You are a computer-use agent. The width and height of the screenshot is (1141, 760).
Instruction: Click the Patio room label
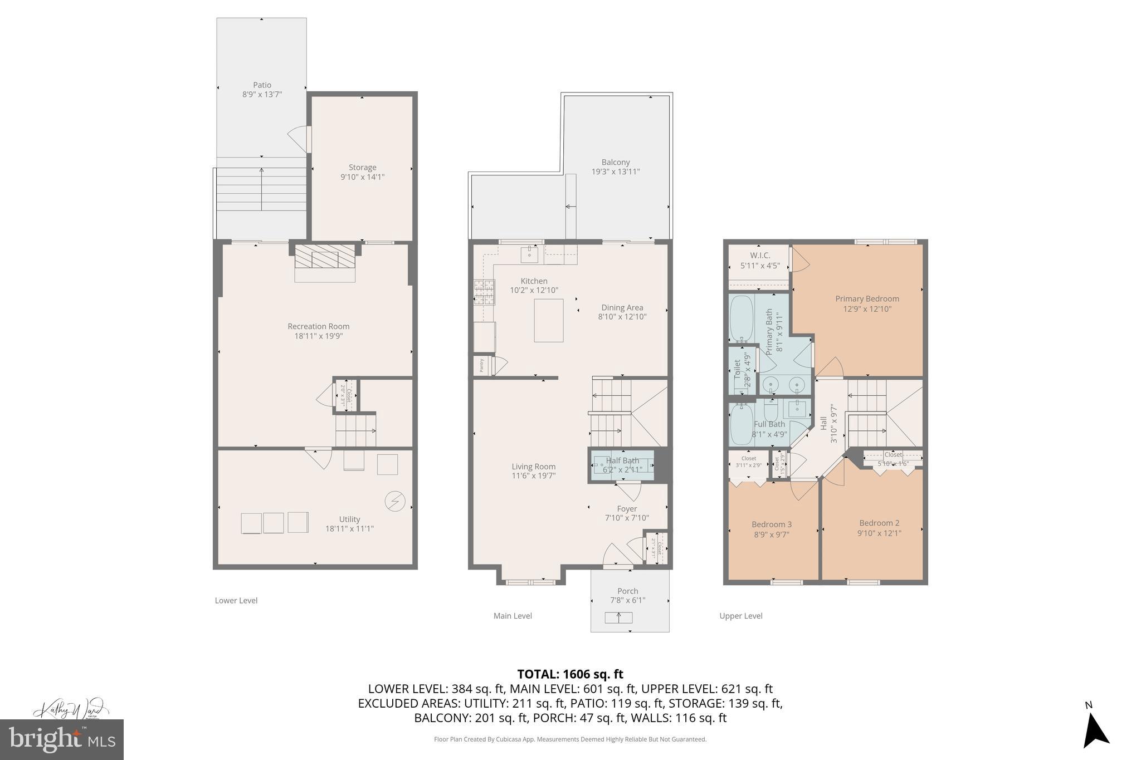pos(262,85)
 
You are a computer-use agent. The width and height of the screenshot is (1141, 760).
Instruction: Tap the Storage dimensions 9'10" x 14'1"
pos(362,177)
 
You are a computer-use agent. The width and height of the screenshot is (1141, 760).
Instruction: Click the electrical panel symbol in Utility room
pos(395,501)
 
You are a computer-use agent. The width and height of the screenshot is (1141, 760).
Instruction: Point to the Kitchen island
pos(548,320)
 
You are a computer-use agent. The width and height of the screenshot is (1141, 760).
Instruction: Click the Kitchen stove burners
pos(484,292)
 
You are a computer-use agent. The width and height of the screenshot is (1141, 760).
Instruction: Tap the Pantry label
pos(482,366)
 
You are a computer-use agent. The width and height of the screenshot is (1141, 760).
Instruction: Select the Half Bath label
pos(622,460)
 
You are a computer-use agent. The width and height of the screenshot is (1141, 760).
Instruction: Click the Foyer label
pos(627,508)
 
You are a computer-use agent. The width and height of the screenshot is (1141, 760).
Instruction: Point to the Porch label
pos(627,591)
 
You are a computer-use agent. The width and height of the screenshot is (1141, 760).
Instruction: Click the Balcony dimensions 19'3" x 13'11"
pos(615,172)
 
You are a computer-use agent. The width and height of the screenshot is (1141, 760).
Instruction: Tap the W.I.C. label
pos(759,256)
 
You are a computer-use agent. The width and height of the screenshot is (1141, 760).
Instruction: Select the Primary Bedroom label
pos(867,299)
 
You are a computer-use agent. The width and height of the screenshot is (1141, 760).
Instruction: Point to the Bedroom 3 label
pos(771,524)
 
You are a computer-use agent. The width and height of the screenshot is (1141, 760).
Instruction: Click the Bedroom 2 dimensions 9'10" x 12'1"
pos(879,533)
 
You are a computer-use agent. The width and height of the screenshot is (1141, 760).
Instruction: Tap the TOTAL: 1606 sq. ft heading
pos(570,674)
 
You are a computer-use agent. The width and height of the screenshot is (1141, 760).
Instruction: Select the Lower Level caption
pos(236,600)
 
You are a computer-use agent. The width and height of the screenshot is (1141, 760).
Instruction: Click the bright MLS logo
pos(61,739)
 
